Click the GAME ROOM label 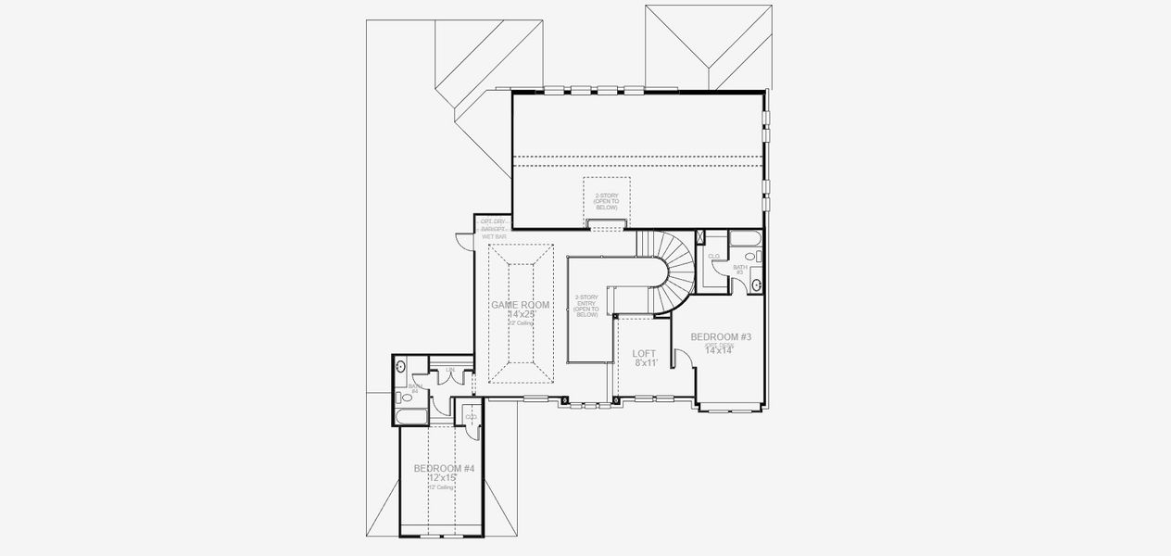click(520, 305)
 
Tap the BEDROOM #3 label click(720, 336)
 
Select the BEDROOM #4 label click(444, 469)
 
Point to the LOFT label click(644, 354)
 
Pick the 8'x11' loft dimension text click(645, 363)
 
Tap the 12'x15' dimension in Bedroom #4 click(444, 478)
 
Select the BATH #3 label click(739, 269)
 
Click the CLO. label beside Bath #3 click(714, 256)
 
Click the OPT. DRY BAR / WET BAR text click(493, 228)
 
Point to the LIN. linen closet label click(450, 370)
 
